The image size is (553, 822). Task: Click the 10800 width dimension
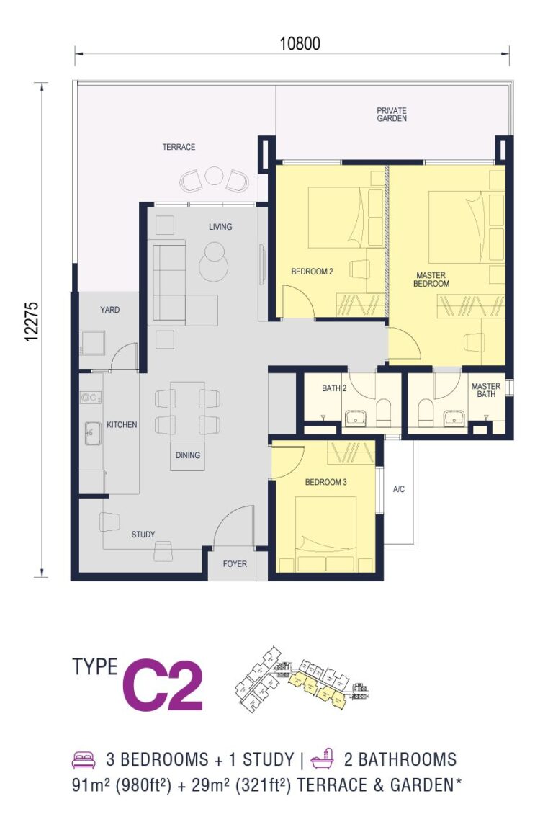[x=300, y=44]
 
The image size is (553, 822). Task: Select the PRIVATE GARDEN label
[x=392, y=115]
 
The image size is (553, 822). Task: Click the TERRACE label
[x=179, y=147]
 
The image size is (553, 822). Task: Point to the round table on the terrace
[x=214, y=176]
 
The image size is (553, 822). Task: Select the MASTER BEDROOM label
[x=431, y=280]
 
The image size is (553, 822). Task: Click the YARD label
[x=109, y=310]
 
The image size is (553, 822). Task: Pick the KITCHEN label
[x=122, y=425]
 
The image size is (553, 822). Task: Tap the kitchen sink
[x=90, y=433]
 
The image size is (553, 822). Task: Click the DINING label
[x=187, y=455]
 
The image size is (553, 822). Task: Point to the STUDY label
[x=143, y=535]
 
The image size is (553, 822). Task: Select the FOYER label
[x=235, y=564]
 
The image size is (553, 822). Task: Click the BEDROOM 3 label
[x=326, y=482]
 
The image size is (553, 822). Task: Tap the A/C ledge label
[x=399, y=489]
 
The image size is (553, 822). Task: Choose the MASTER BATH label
[x=485, y=390]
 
